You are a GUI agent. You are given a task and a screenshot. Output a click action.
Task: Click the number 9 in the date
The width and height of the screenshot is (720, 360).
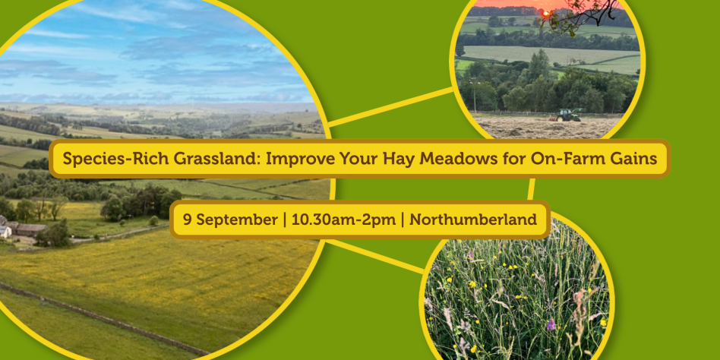tap(187, 219)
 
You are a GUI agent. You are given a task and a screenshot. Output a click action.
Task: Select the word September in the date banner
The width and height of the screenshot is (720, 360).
tap(236, 220)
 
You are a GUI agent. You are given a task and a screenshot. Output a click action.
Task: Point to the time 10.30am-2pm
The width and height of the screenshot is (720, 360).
tap(343, 219)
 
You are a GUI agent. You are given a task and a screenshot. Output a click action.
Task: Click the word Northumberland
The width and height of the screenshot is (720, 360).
tap(473, 219)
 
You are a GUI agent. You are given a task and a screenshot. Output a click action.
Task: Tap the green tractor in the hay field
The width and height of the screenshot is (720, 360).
tap(568, 115)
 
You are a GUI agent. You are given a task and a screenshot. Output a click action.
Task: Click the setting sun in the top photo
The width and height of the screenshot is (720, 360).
tap(546, 14)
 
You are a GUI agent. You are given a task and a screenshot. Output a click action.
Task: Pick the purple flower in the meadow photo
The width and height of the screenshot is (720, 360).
tap(551, 324)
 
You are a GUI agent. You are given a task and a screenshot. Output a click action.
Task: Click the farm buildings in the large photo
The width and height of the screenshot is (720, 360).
tap(21, 227)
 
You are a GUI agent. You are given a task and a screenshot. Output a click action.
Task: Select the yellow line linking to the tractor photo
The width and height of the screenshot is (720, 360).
tap(390, 107)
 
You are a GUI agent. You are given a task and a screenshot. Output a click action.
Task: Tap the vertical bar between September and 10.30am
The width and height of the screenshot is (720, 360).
tap(284, 220)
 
